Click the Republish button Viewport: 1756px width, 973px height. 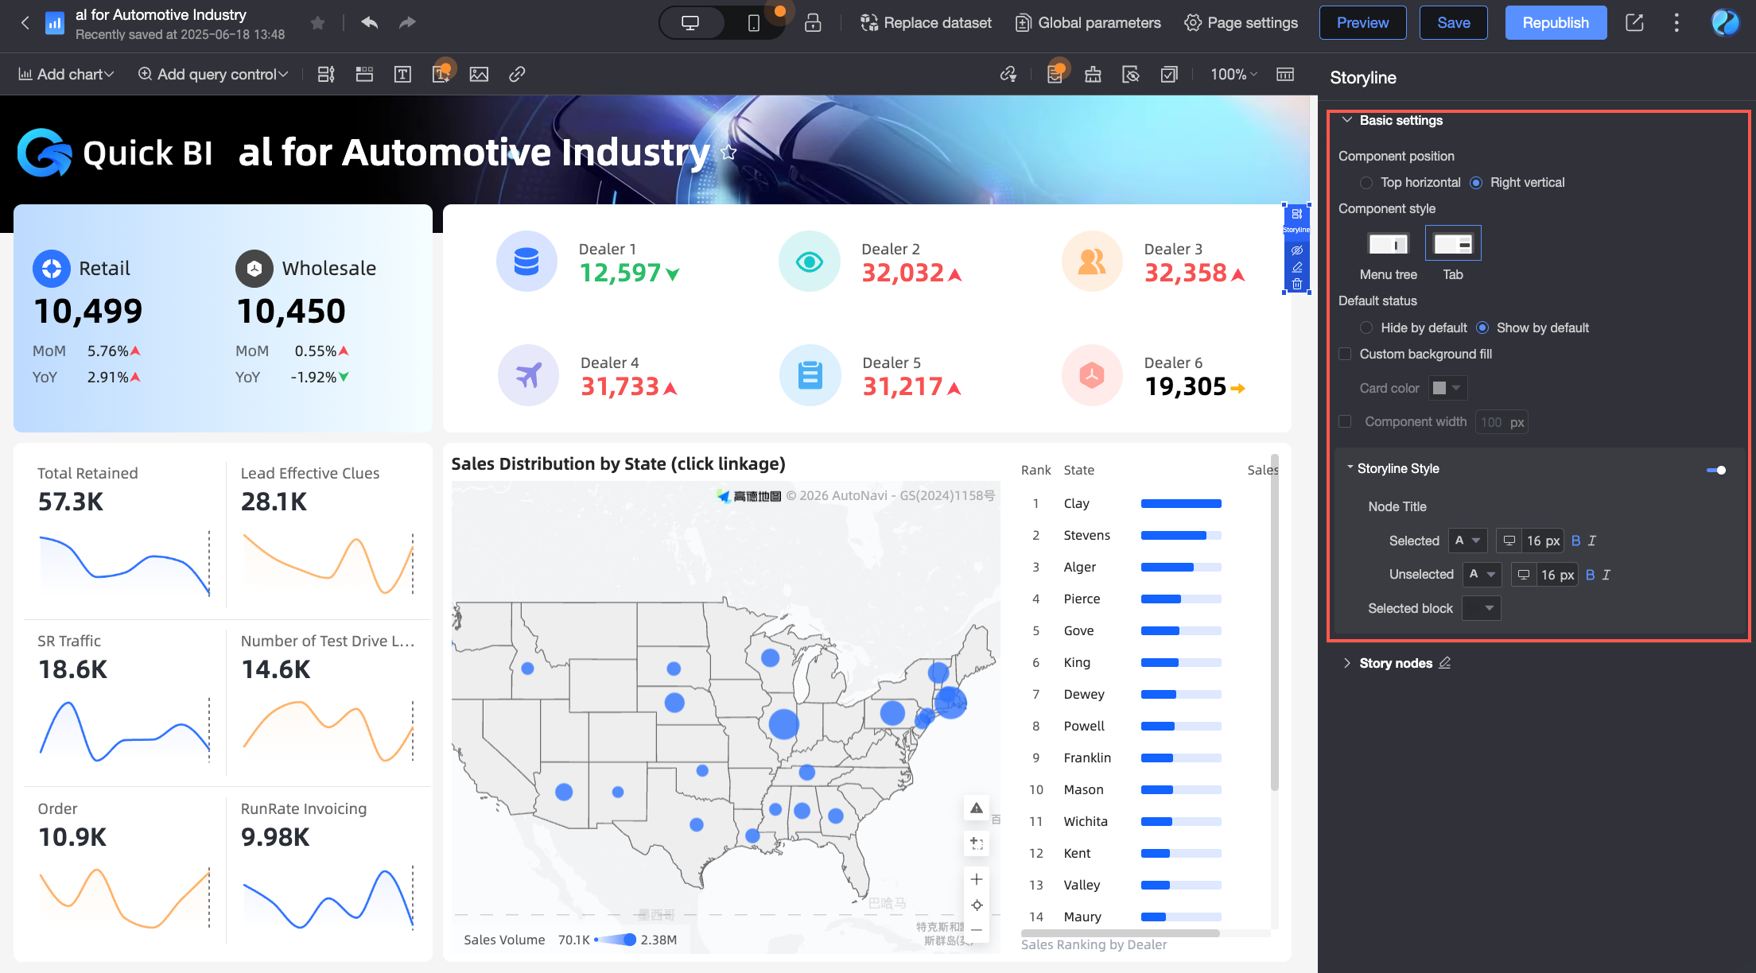coord(1555,23)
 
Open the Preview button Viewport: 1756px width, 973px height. coord(1362,23)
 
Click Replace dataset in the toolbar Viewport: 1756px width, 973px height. coord(926,23)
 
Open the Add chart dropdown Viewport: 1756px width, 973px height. coord(67,74)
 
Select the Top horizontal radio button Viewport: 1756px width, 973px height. coord(1366,183)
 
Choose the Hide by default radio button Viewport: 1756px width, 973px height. coord(1366,328)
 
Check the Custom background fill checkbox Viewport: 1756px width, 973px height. coord(1345,354)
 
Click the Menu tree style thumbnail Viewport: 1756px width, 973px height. coord(1388,244)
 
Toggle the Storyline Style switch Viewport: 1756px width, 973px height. coord(1715,470)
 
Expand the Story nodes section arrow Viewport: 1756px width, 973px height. coord(1346,663)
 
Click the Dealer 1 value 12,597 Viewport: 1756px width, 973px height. coord(620,273)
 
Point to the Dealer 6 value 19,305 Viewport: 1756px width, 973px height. coord(1185,386)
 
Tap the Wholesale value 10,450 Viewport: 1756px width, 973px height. coord(291,311)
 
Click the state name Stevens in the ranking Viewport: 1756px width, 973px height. coord(1086,535)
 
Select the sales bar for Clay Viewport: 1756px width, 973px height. coord(1180,503)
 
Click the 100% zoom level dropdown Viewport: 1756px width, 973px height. coord(1233,74)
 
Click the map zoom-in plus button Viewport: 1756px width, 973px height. coord(977,879)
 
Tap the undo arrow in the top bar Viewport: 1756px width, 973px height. coord(369,22)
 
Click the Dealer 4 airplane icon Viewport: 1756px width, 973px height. coord(528,375)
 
